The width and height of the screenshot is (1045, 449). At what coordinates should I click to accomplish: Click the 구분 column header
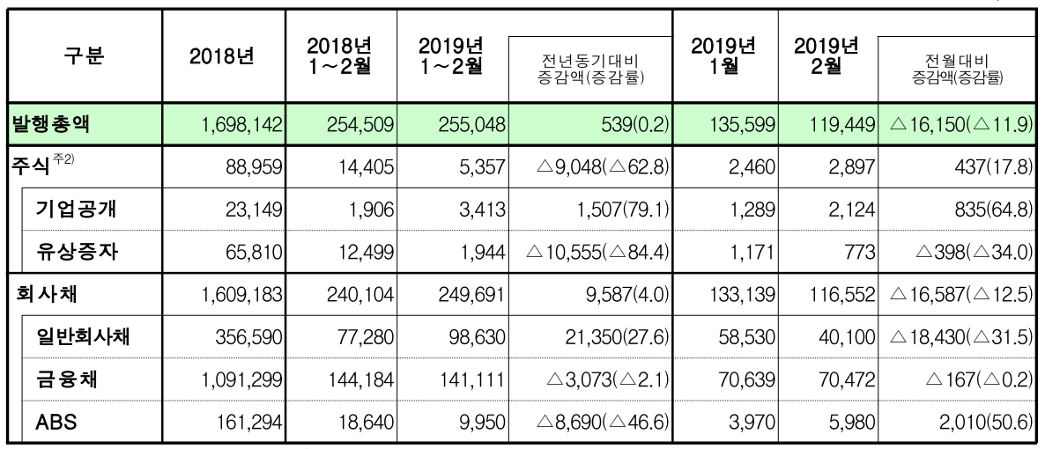click(84, 56)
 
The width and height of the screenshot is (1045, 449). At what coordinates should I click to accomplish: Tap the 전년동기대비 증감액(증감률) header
click(591, 70)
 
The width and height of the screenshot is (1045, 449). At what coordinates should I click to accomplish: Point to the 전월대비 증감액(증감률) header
click(960, 70)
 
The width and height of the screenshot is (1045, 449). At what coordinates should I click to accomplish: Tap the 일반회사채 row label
click(85, 337)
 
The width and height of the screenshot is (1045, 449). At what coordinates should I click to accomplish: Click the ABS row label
click(56, 423)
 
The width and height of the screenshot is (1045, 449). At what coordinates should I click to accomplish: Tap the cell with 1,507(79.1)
click(620, 210)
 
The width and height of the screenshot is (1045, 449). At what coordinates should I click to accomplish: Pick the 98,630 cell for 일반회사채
click(477, 338)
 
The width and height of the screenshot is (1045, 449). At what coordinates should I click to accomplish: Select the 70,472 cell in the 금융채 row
click(845, 380)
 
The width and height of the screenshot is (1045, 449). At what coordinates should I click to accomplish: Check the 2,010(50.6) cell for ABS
click(988, 423)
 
